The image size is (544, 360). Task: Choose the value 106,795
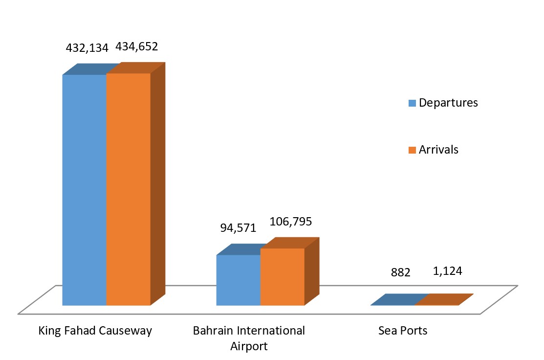click(291, 222)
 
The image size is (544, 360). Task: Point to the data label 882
click(400, 272)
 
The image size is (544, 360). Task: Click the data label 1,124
click(447, 270)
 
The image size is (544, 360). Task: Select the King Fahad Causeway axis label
click(95, 331)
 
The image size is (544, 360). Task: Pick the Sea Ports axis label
click(403, 331)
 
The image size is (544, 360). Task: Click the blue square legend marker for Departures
click(412, 103)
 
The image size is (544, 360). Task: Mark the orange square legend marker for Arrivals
click(412, 150)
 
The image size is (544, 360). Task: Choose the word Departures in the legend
click(448, 103)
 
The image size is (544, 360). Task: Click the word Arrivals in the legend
click(438, 149)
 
